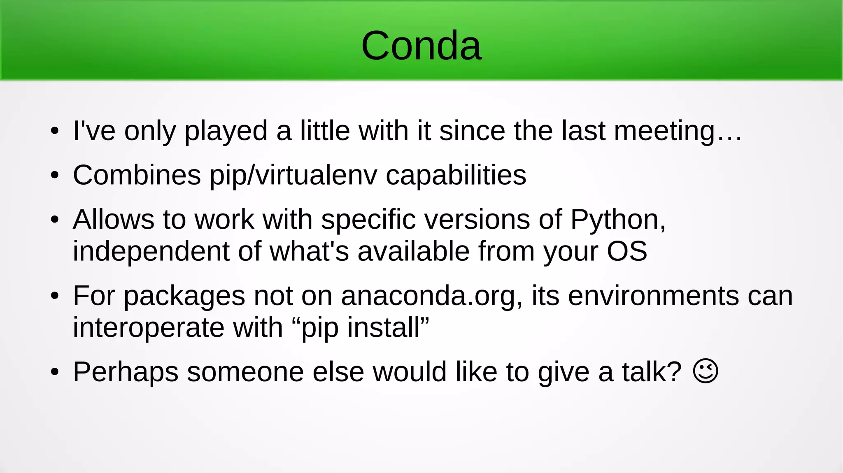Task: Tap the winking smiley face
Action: pos(706,371)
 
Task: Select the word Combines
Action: pos(137,175)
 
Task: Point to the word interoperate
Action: pos(149,328)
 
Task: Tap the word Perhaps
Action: pos(126,373)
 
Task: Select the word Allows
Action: pos(114,219)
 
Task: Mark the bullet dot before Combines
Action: pos(55,176)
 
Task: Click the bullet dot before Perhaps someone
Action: pos(55,372)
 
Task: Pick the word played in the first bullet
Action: pos(226,132)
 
